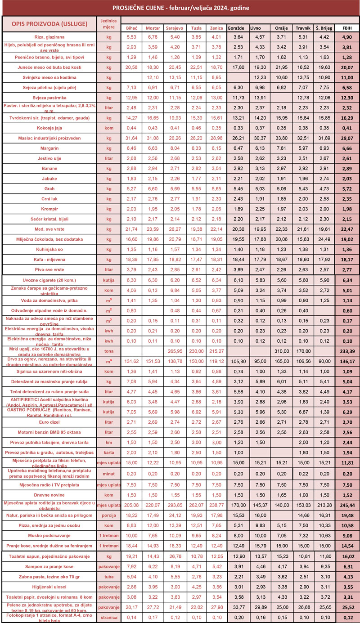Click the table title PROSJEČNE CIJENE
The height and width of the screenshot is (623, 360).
pos(180,8)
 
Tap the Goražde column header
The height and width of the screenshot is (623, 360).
pos(236,28)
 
